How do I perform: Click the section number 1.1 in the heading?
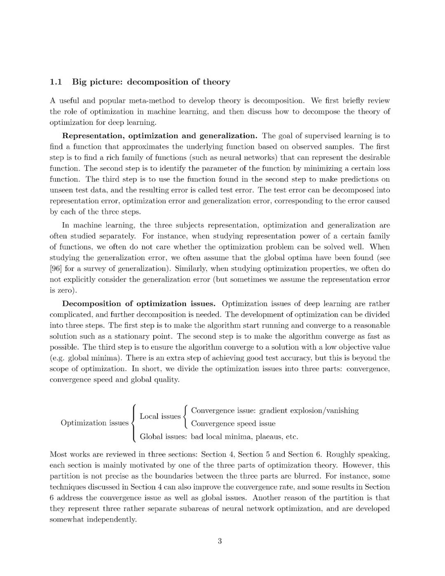[56, 82]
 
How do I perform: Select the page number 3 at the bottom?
[220, 541]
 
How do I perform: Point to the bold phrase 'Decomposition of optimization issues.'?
[138, 304]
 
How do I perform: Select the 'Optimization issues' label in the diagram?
[94, 423]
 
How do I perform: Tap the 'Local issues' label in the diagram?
[160, 416]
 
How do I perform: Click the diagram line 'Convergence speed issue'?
[233, 424]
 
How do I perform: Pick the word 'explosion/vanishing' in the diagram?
[324, 411]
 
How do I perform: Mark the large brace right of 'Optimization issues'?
[133, 423]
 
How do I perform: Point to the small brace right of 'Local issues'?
[185, 417]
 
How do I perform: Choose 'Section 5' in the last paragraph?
[254, 455]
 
